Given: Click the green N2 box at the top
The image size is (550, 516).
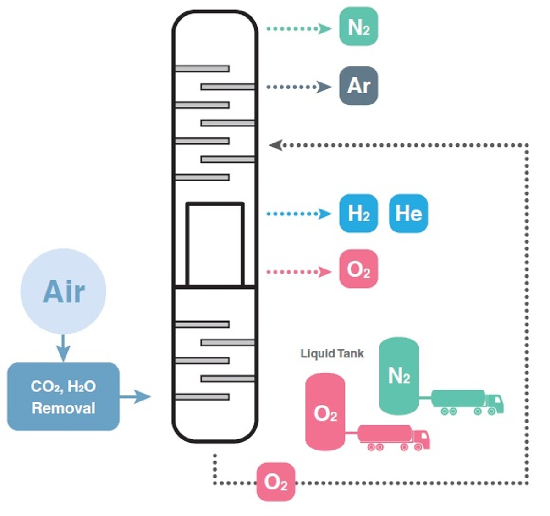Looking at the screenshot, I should tap(358, 27).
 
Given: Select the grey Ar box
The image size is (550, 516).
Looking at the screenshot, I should tap(358, 86).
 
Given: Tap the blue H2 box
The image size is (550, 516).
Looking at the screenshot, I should tap(358, 214).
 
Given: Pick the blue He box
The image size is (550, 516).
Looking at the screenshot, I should tap(408, 214).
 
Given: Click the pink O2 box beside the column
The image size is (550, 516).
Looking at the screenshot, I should tap(358, 269).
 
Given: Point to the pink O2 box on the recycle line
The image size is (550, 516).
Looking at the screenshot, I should tap(275, 482).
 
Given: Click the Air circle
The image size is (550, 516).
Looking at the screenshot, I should tap(63, 291).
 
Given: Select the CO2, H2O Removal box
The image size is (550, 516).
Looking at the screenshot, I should tap(63, 397).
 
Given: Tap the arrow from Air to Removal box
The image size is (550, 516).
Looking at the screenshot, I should tap(63, 348).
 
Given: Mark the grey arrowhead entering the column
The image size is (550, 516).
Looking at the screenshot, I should tap(275, 145).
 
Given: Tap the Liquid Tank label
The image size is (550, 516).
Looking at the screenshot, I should tap(332, 354).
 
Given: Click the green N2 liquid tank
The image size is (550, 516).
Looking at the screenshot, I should tap(399, 376).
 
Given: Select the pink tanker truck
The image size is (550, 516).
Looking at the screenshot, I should tap(394, 437).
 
